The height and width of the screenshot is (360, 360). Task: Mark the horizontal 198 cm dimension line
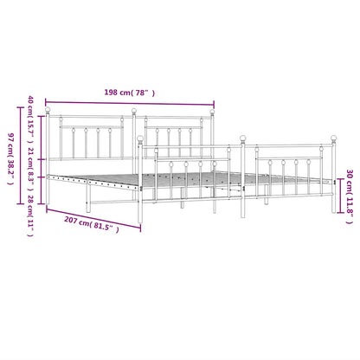[129, 101]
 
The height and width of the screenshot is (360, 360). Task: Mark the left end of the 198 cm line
[46, 101]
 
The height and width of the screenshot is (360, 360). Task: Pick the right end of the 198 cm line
[213, 101]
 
